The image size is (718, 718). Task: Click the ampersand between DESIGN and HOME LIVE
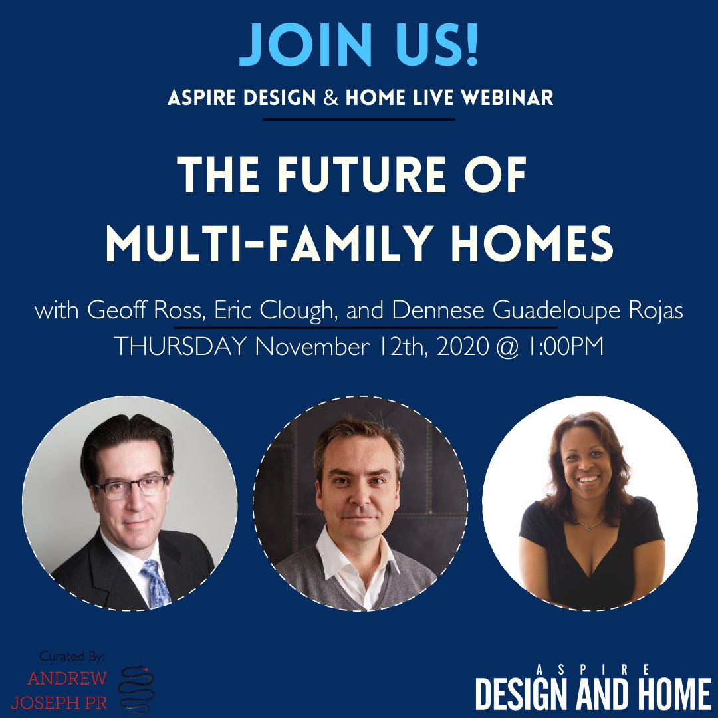(330, 98)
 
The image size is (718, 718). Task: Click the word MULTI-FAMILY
(270, 243)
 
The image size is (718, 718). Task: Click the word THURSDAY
(180, 346)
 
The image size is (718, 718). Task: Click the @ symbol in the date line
(507, 347)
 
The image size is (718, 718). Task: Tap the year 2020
(463, 346)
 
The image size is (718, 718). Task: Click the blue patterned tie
(156, 583)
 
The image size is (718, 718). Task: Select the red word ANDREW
(67, 678)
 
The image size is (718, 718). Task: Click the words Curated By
(72, 657)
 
